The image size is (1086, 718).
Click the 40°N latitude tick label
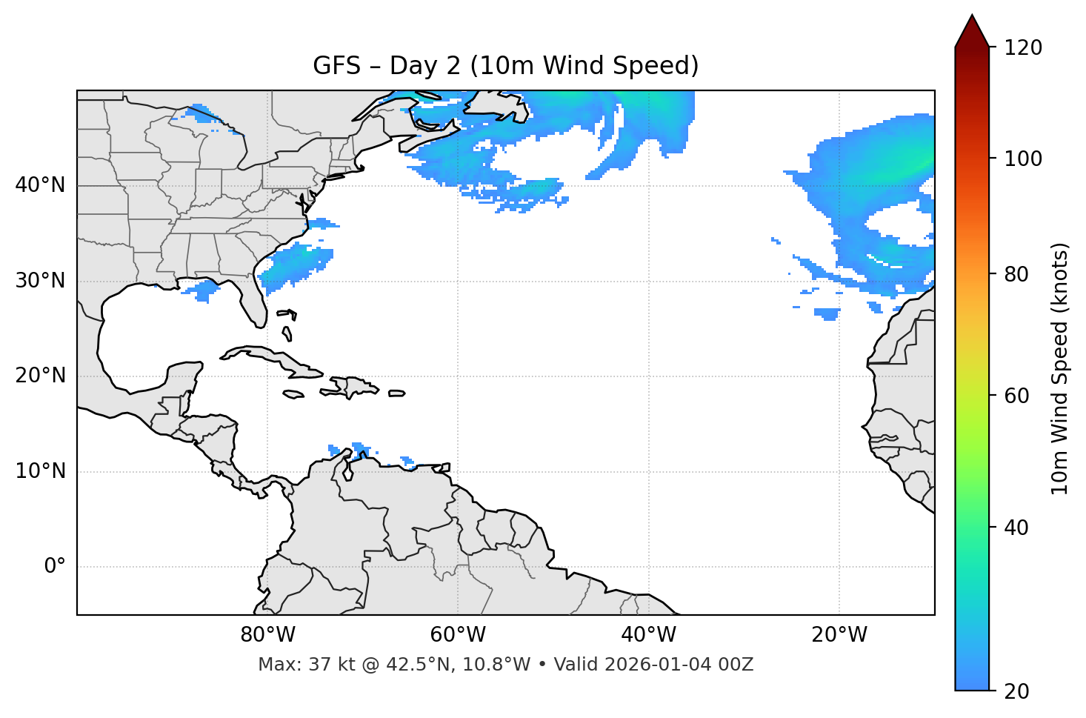40,185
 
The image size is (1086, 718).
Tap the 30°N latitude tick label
40,281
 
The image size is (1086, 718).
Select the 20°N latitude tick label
40,376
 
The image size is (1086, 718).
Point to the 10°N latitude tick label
40,471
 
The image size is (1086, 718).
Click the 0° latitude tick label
54,567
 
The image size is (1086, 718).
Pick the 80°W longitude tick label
267,635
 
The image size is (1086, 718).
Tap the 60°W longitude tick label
458,635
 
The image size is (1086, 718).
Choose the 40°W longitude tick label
648,635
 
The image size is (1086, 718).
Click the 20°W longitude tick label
839,635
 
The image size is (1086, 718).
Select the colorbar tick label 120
1023,48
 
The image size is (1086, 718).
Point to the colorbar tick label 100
1023,159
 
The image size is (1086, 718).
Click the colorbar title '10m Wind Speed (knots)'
1060,368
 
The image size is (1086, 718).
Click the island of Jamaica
293,394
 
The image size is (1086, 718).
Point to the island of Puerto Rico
397,393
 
